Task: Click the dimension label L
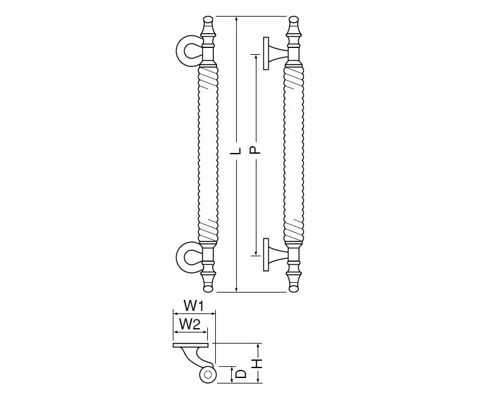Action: tap(237, 151)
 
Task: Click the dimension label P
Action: tap(255, 150)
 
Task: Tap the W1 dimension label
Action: tap(194, 305)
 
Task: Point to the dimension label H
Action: tap(257, 364)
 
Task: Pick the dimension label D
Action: tap(240, 374)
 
